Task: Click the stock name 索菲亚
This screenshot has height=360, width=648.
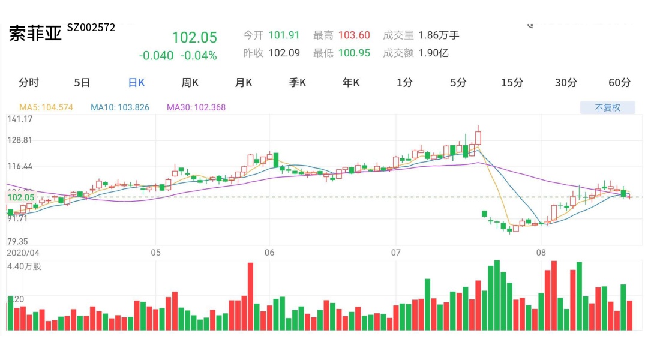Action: click(x=35, y=34)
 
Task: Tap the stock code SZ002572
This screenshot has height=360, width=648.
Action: click(x=91, y=28)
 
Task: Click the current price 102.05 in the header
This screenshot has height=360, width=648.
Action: click(x=194, y=37)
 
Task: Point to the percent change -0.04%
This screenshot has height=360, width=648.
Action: click(x=199, y=56)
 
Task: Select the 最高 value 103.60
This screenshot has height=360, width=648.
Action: click(x=354, y=35)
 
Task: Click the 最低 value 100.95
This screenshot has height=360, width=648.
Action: click(x=354, y=53)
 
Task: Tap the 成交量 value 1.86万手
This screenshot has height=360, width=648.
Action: click(x=439, y=35)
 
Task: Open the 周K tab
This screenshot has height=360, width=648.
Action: click(x=190, y=83)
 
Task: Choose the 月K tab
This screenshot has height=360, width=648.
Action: click(x=244, y=83)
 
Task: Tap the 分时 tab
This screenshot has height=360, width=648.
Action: click(x=29, y=83)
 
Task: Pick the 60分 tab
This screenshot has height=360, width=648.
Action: click(x=619, y=83)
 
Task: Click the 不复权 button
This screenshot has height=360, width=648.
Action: click(x=607, y=108)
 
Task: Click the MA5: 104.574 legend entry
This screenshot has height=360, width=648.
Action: click(x=46, y=108)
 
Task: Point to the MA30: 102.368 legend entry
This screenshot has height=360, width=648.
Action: click(x=196, y=108)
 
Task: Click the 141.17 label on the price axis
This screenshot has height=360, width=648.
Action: click(x=20, y=119)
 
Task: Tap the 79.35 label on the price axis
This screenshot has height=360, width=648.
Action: click(x=18, y=241)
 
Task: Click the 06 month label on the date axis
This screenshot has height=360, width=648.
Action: click(x=269, y=253)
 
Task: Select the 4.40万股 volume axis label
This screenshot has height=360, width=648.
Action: click(x=25, y=266)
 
